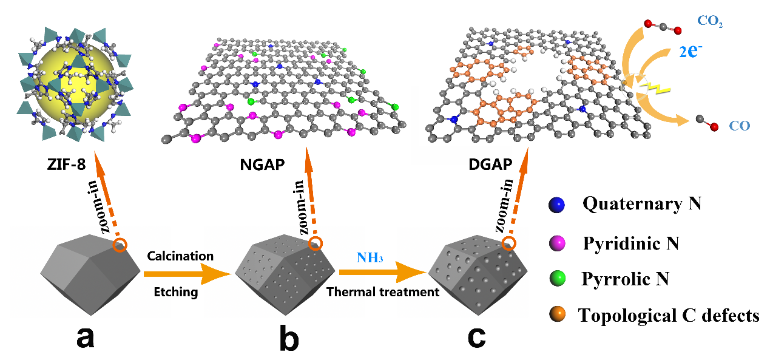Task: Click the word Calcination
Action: (x=180, y=256)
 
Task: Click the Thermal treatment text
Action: (x=383, y=292)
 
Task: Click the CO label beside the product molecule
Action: (x=740, y=127)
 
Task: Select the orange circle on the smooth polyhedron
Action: (x=120, y=245)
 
